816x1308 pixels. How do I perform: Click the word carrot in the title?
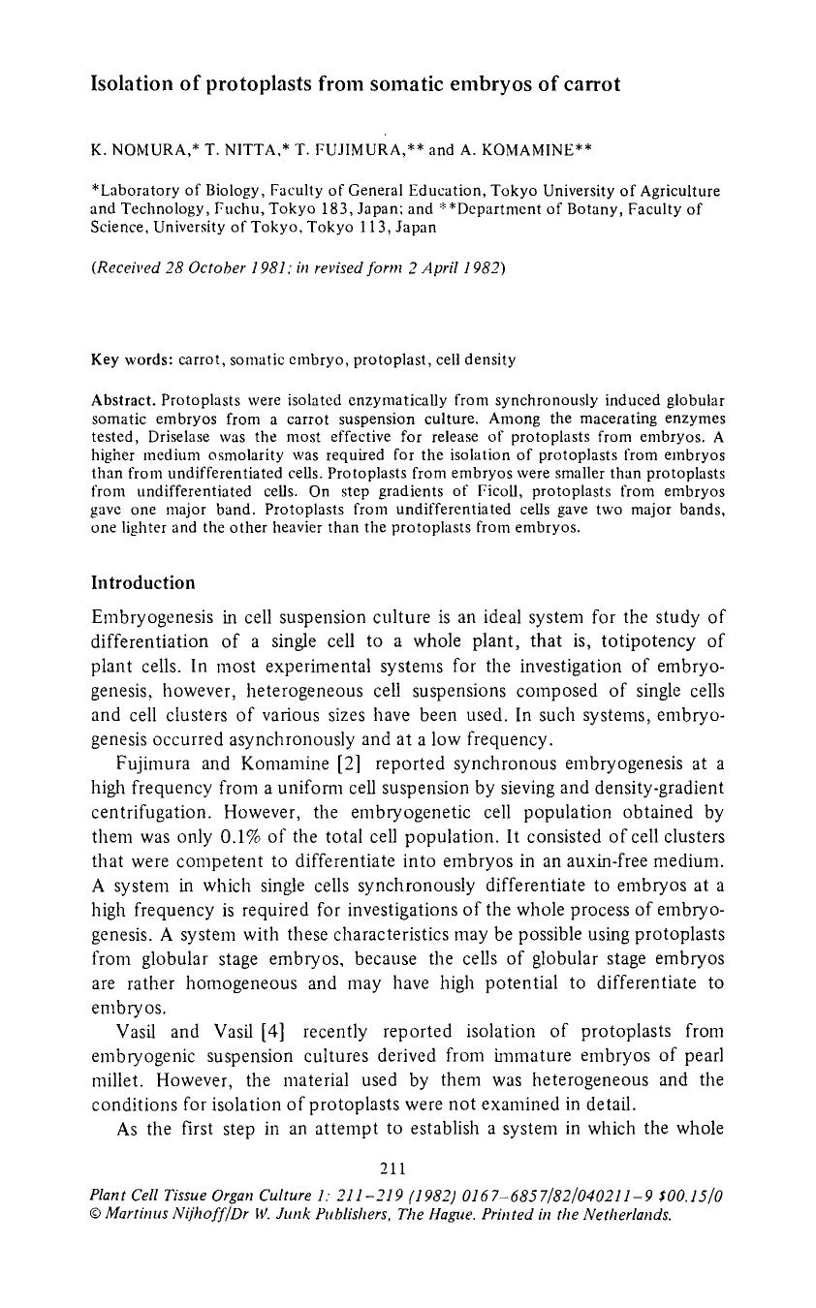pyautogui.click(x=586, y=84)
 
